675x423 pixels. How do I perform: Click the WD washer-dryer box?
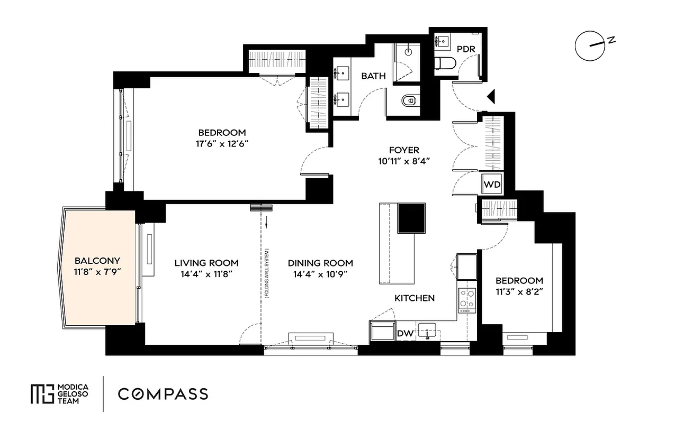click(x=491, y=186)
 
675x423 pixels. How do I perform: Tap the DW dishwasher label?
click(x=405, y=334)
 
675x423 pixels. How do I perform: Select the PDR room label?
click(x=466, y=49)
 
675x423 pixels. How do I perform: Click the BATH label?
click(x=373, y=76)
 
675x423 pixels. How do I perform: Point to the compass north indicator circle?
click(x=590, y=46)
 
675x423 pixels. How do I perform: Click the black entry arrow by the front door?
click(x=490, y=96)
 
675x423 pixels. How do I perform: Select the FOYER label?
click(x=404, y=150)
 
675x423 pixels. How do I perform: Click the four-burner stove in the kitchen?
click(x=467, y=300)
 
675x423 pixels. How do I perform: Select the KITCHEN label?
click(x=415, y=298)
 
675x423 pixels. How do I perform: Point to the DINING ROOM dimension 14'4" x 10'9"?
click(x=320, y=274)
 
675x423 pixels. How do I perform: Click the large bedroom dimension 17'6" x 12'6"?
click(x=222, y=143)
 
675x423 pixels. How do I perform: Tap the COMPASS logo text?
click(x=163, y=394)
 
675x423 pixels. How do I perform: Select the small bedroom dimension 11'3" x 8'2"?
click(x=519, y=291)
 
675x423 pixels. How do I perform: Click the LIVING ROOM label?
click(x=206, y=263)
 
